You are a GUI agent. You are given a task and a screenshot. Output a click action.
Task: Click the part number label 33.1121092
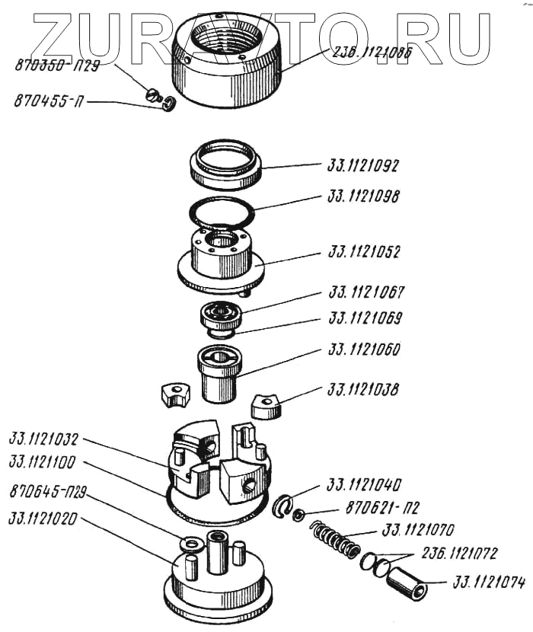[x=363, y=165]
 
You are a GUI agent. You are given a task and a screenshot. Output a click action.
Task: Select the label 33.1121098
[x=363, y=196]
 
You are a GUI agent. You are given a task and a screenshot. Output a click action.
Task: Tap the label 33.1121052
[x=364, y=251]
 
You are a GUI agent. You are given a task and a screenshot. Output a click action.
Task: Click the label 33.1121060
[x=364, y=351]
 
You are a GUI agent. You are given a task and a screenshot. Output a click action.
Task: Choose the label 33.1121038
[x=364, y=390]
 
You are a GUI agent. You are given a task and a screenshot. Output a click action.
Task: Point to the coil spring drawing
[x=334, y=541]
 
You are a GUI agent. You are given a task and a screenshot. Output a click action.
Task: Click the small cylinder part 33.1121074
[x=405, y=585]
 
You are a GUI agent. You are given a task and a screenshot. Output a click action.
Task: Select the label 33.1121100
[x=44, y=464]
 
